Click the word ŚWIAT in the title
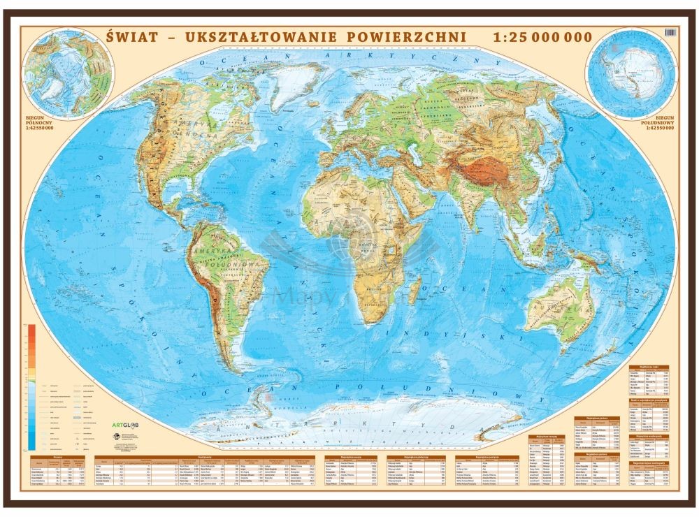[x=131, y=37]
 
